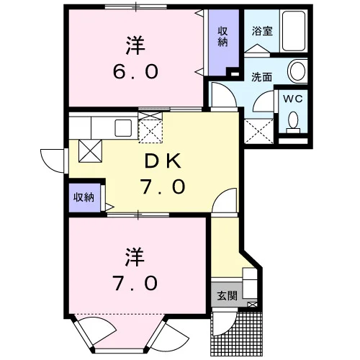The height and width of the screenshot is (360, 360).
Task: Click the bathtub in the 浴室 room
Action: click(294, 31)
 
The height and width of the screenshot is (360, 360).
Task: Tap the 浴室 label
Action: click(262, 31)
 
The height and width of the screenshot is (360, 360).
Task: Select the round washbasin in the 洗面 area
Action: click(297, 71)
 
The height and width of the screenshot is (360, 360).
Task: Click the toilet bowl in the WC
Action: click(293, 122)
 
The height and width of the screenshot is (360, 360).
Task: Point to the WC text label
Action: click(293, 99)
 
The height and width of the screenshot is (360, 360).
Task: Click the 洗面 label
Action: click(261, 77)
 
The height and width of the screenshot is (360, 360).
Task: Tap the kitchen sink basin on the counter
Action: click(123, 128)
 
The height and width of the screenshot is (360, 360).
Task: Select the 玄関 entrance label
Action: click(227, 296)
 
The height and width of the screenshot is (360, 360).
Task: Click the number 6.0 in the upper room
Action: click(135, 71)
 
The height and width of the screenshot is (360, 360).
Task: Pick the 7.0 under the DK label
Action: click(163, 186)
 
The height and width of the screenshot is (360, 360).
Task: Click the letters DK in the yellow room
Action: click(163, 161)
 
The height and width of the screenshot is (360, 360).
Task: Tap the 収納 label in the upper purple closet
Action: click(222, 37)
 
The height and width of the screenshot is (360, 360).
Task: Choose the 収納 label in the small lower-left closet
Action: click(84, 197)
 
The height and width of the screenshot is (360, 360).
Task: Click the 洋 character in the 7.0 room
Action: click(135, 257)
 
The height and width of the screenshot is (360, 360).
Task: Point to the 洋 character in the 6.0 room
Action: click(135, 45)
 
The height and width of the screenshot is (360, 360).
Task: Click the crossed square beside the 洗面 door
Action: click(258, 131)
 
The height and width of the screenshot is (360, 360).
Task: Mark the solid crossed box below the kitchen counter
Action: click(90, 151)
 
